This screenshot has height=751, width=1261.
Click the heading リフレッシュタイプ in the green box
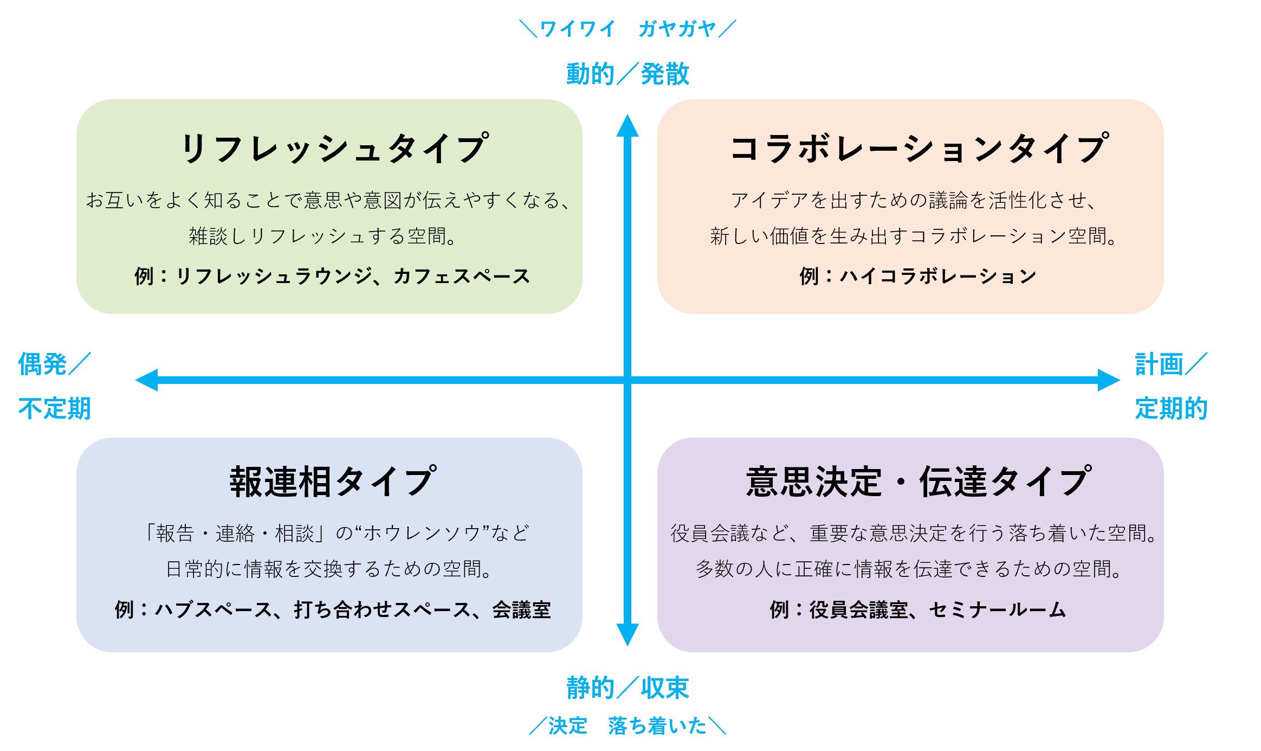click(x=334, y=148)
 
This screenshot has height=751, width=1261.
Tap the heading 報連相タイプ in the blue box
click(x=332, y=482)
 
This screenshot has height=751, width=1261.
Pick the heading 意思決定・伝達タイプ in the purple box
click(x=919, y=482)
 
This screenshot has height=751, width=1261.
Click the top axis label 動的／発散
click(x=628, y=74)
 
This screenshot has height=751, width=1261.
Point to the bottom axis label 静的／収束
click(x=628, y=688)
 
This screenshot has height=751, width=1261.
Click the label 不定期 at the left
click(x=54, y=408)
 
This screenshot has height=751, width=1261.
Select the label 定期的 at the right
click(x=1171, y=408)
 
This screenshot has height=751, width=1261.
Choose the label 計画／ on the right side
click(x=1171, y=364)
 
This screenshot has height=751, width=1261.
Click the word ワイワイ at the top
click(x=577, y=29)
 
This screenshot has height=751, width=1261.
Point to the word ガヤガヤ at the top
click(x=677, y=29)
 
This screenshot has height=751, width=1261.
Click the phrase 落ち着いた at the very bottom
click(x=657, y=726)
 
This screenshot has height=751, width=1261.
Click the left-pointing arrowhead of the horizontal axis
click(x=146, y=380)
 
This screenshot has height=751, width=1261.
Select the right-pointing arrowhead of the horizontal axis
click(x=1109, y=380)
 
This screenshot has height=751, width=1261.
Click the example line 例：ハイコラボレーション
click(x=918, y=277)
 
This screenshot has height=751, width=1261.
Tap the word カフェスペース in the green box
click(x=461, y=277)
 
